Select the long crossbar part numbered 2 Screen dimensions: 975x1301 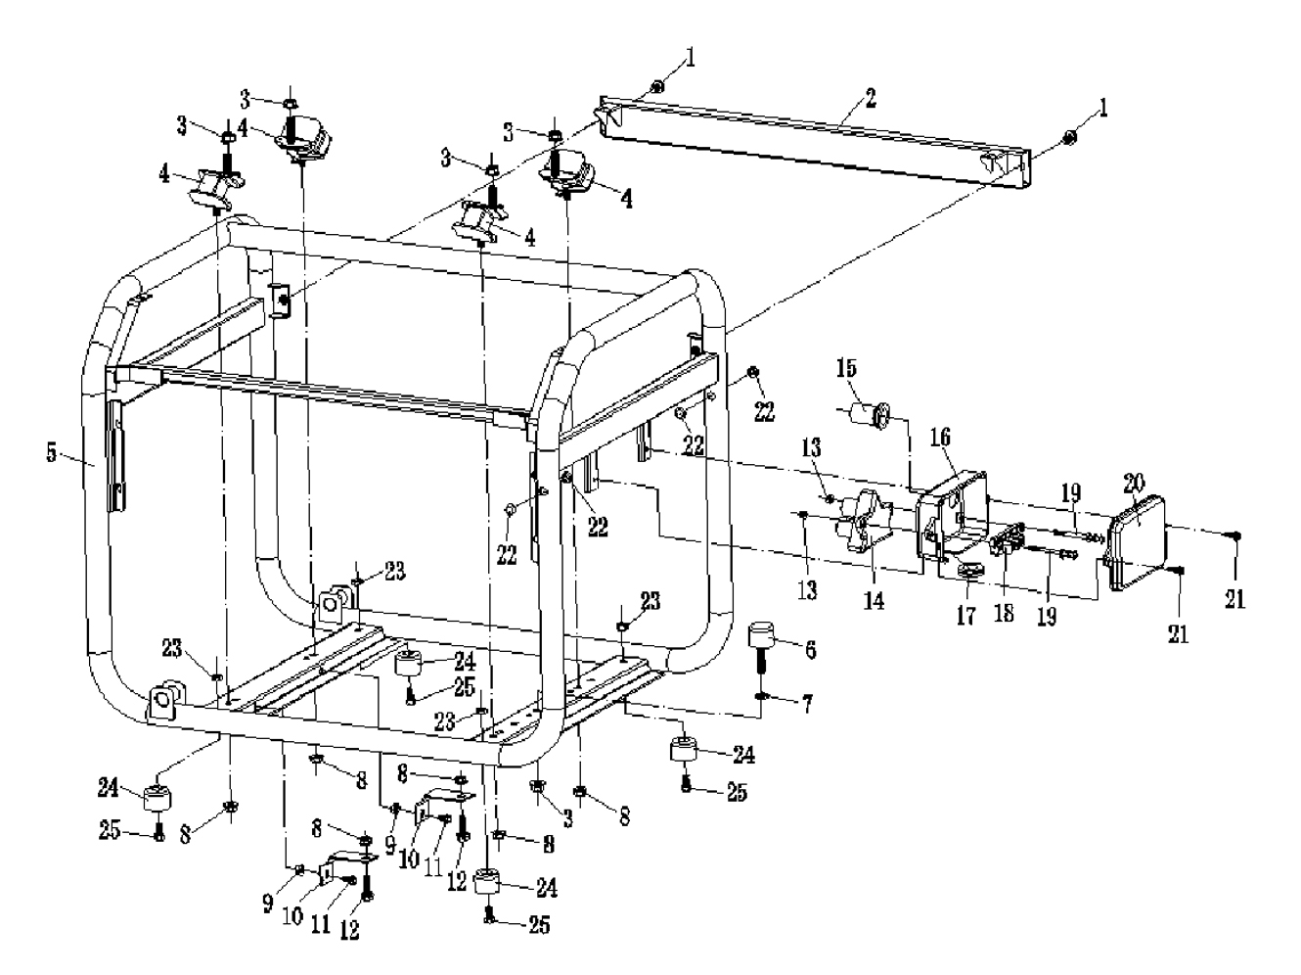(x=812, y=140)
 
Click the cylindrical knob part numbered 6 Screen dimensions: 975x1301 (x=762, y=635)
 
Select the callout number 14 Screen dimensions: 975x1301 (x=874, y=600)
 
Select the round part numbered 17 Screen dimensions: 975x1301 (x=970, y=572)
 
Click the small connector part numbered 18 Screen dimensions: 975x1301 (x=1008, y=539)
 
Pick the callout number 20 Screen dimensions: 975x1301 (x=1134, y=481)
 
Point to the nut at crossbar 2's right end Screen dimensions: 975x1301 (x=1071, y=138)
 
